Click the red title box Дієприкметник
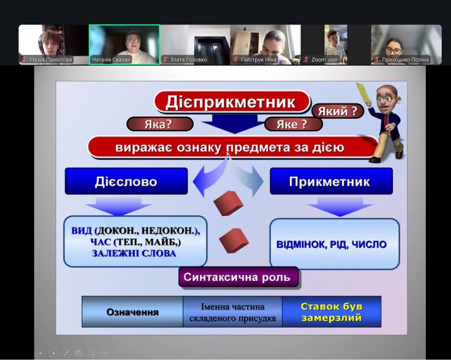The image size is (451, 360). click(x=232, y=102)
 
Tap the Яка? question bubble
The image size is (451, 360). click(x=159, y=124)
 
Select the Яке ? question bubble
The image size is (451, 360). click(x=293, y=124)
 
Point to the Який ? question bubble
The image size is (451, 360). click(x=338, y=111)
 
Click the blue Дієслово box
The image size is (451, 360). click(x=126, y=181)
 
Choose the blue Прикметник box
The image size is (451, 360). click(x=331, y=181)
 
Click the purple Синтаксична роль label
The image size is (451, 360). click(x=239, y=277)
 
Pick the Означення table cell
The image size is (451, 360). click(x=132, y=312)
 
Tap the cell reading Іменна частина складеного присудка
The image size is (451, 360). click(x=232, y=312)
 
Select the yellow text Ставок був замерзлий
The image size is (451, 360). click(x=331, y=312)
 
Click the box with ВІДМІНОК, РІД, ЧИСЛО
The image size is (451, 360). click(x=335, y=244)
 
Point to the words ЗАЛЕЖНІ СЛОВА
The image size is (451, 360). click(x=134, y=253)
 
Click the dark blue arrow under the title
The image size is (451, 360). click(x=234, y=123)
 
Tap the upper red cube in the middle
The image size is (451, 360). click(x=228, y=203)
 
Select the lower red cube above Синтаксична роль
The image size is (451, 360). click(x=234, y=241)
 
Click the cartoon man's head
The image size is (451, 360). click(x=387, y=98)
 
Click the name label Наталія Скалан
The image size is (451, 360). click(x=111, y=60)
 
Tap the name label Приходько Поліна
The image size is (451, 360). click(x=405, y=60)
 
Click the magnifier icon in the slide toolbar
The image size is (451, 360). click(x=91, y=353)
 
